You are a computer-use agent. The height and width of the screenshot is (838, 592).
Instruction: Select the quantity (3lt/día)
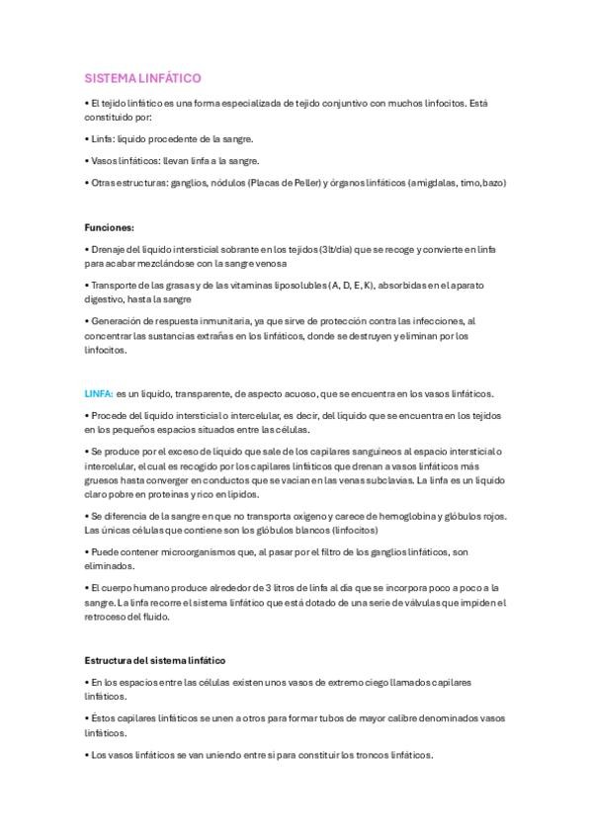click(x=337, y=250)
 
